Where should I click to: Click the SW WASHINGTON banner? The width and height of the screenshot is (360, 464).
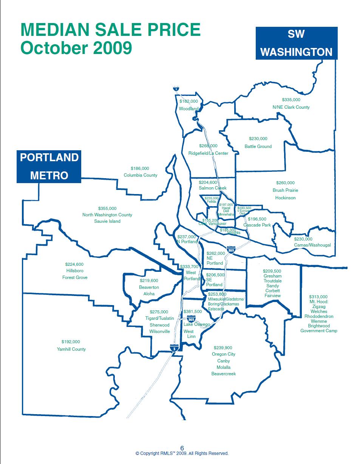pyautogui.click(x=296, y=43)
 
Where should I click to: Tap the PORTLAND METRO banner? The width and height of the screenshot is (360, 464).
pyautogui.click(x=49, y=166)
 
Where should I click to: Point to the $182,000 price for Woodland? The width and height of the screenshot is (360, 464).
pyautogui.click(x=188, y=101)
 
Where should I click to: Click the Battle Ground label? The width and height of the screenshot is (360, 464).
pyautogui.click(x=258, y=146)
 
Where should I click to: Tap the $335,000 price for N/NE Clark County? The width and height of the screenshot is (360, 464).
pyautogui.click(x=291, y=100)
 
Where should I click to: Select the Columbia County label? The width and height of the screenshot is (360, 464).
pyautogui.click(x=141, y=175)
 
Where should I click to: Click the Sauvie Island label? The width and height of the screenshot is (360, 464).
pyautogui.click(x=107, y=221)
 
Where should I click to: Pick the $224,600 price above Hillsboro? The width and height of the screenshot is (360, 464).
pyautogui.click(x=74, y=264)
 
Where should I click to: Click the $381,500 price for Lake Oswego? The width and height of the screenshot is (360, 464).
pyautogui.click(x=193, y=311)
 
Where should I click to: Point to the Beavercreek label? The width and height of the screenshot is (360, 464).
pyautogui.click(x=224, y=374)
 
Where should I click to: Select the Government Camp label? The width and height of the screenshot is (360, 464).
pyautogui.click(x=319, y=331)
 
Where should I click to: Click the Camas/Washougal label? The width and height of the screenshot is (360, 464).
pyautogui.click(x=312, y=245)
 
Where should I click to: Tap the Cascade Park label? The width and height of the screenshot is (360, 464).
pyautogui.click(x=257, y=225)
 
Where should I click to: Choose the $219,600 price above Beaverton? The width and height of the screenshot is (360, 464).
pyautogui.click(x=149, y=281)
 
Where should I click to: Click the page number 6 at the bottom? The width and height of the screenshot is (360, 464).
pyautogui.click(x=182, y=448)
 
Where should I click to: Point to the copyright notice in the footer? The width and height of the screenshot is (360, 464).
pyautogui.click(x=182, y=453)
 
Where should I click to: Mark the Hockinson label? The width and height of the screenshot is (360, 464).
pyautogui.click(x=285, y=198)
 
